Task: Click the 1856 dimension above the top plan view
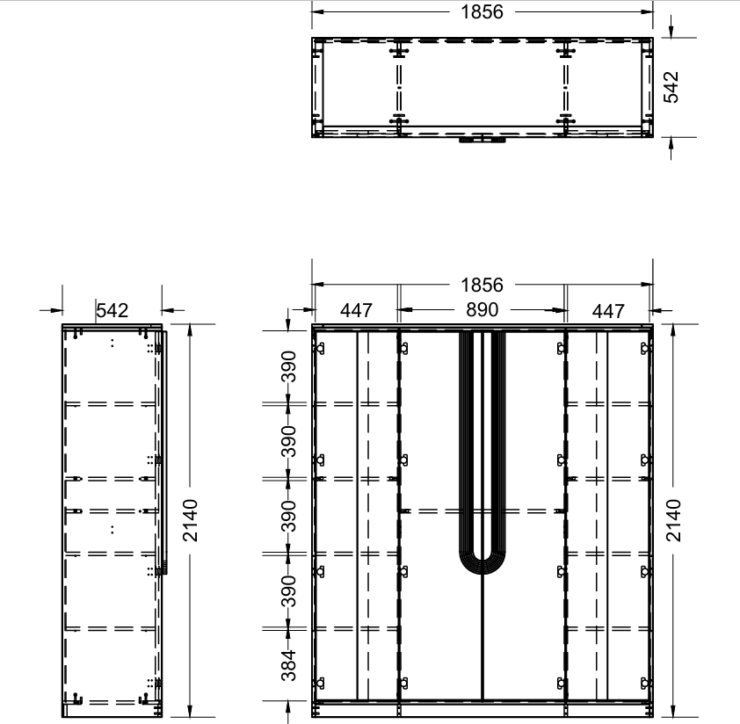coord(482,11)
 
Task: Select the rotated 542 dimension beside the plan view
coord(671,87)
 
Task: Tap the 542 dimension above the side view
coord(112,310)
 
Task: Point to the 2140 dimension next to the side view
coord(190,520)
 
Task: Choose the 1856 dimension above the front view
coord(482,285)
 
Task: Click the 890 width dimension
coord(482,309)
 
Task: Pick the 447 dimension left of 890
coord(356,310)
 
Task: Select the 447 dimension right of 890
coord(608,311)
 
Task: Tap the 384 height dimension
coord(288,665)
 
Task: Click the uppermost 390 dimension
coord(288,366)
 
